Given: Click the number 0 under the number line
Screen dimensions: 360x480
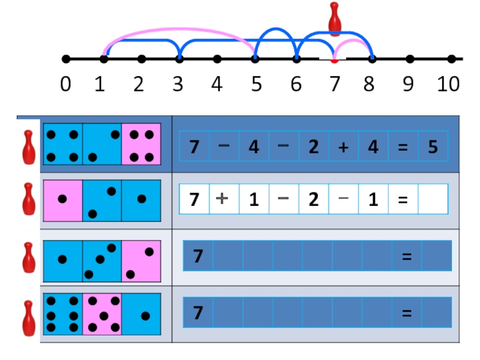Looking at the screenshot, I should (65, 85).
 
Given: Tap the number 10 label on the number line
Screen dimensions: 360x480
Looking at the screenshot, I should (448, 85).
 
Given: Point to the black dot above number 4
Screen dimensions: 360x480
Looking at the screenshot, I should (217, 59).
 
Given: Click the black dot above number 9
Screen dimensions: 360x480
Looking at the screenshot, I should (410, 59).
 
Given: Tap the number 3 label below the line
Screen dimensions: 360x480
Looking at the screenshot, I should (178, 85).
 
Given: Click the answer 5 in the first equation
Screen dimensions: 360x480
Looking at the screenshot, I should (433, 146).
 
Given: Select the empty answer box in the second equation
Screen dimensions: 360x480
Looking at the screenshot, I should (433, 199).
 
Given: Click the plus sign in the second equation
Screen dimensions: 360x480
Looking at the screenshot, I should (224, 199).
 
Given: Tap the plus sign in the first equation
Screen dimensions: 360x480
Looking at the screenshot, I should (343, 146).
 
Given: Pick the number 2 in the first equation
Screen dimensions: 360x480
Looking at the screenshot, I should (313, 146).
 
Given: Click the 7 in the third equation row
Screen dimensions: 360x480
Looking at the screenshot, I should (197, 256).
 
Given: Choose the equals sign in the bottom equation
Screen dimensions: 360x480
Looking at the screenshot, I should (406, 313).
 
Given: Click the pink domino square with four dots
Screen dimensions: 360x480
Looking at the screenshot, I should (141, 144).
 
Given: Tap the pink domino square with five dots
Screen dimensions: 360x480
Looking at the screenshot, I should (102, 314).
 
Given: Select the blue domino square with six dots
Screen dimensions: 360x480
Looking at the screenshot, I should (62, 314).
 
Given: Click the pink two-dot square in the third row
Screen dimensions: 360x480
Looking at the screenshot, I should (141, 261).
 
